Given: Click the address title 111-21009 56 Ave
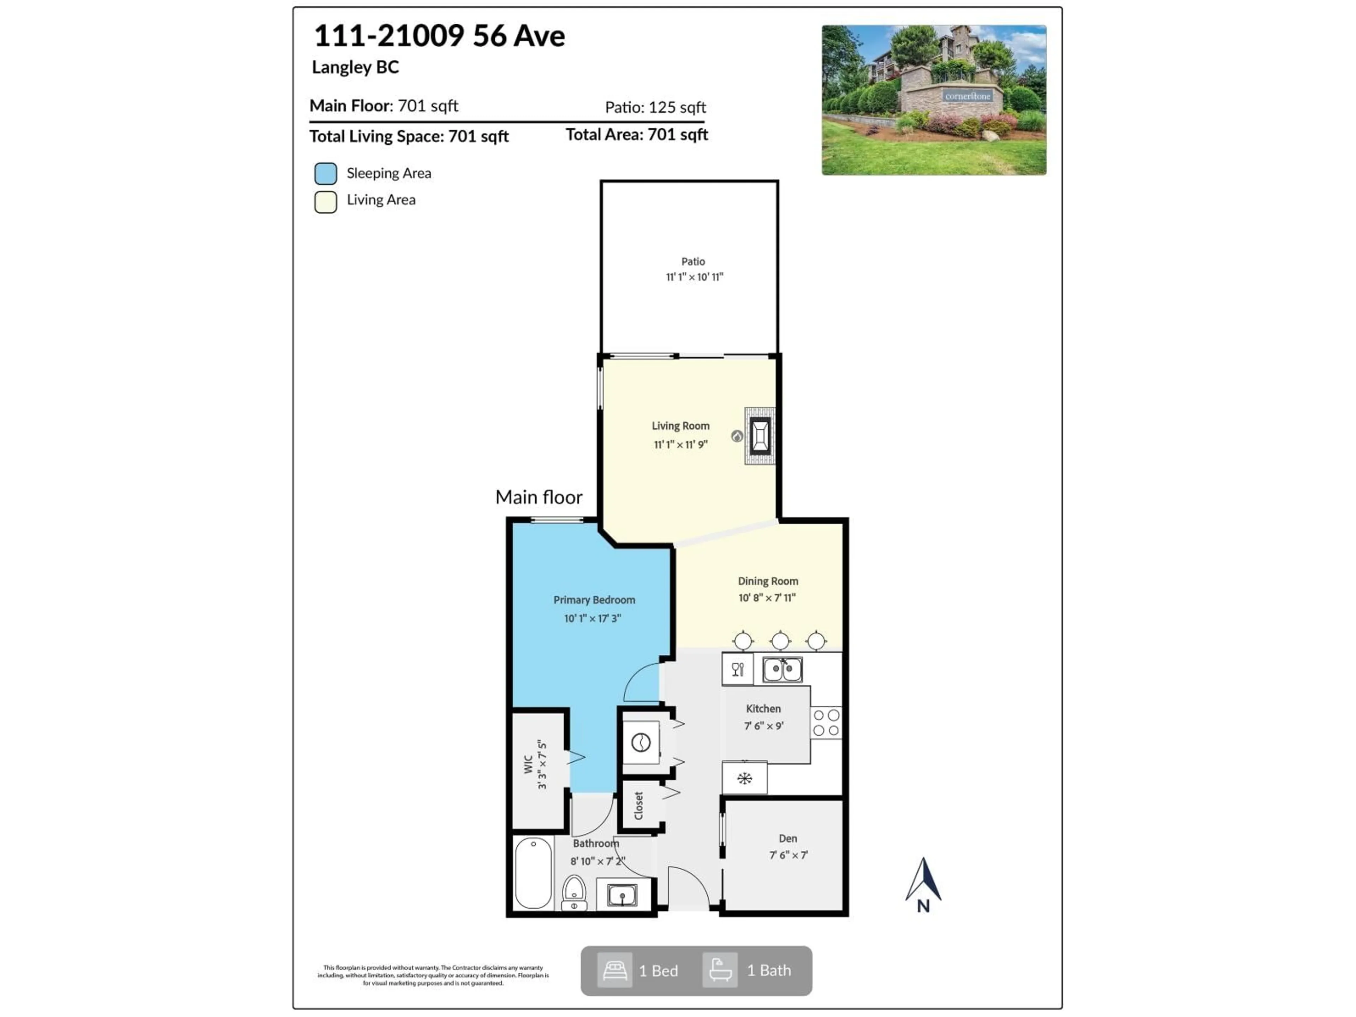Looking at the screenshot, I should click(439, 36).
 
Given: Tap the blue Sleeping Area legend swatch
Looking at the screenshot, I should click(326, 173).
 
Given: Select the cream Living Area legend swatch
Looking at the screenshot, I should click(326, 202).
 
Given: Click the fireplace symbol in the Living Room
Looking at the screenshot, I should click(760, 436).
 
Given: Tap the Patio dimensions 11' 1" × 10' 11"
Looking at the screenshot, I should click(694, 277).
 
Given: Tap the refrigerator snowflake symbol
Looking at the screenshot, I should click(744, 779).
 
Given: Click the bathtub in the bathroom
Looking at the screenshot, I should click(533, 873).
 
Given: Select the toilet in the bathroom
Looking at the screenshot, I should click(574, 893).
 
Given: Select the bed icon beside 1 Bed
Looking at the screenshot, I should click(614, 970).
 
